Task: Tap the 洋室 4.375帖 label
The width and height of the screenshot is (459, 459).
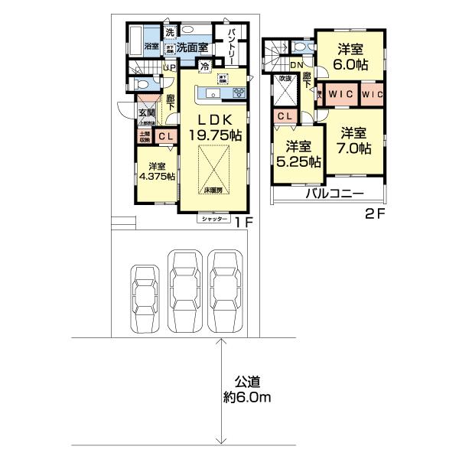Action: (x=157, y=171)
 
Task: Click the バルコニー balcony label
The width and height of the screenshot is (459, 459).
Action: (x=334, y=194)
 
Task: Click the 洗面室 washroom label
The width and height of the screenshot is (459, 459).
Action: (x=193, y=47)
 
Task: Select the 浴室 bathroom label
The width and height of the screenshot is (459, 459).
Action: (x=151, y=47)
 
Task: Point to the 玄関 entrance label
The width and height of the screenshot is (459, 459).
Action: (x=145, y=114)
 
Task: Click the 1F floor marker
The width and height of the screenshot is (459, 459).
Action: (x=244, y=223)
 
